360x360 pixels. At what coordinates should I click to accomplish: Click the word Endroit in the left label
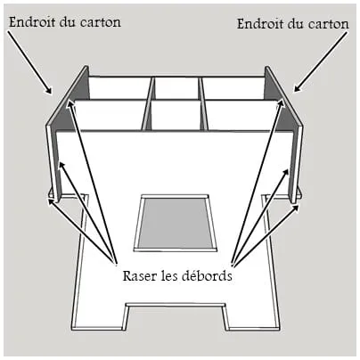32,21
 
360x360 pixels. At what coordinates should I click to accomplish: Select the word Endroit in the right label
260,23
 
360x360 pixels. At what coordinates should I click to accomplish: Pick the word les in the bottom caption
168,276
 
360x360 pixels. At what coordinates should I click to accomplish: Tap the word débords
207,275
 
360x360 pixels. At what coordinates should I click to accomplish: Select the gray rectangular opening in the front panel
176,222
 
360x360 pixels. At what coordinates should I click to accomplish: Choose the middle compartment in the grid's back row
176,88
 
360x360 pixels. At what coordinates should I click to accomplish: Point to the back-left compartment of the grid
119,88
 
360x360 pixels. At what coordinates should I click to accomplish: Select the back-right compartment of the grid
233,88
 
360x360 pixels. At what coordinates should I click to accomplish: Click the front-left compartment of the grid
109,115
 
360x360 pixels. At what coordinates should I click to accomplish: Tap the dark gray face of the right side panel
283,125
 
